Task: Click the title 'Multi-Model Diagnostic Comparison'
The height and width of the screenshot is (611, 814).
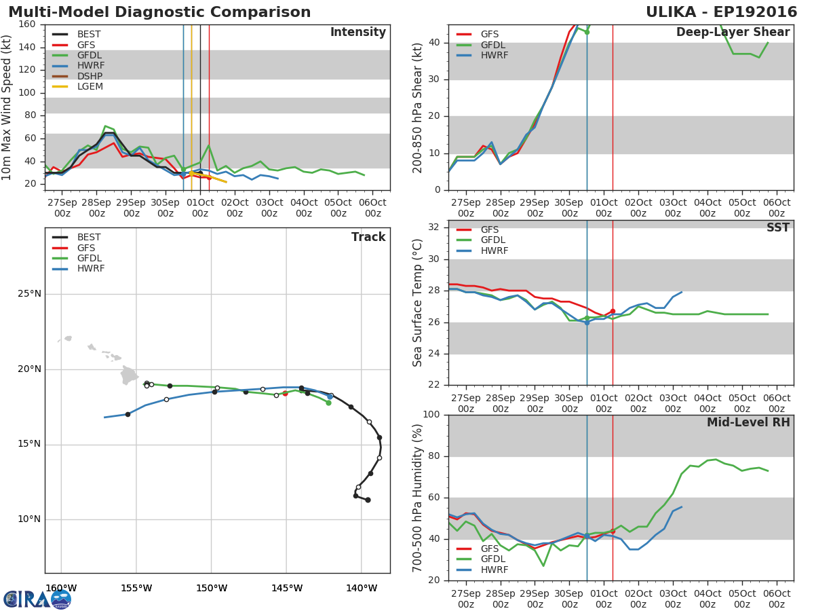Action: pyautogui.click(x=159, y=12)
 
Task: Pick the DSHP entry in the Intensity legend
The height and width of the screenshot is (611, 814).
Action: pyautogui.click(x=90, y=76)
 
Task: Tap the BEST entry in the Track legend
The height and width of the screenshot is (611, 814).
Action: pyautogui.click(x=88, y=237)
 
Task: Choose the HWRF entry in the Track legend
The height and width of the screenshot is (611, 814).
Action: pyautogui.click(x=91, y=269)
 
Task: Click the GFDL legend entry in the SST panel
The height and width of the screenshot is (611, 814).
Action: pyautogui.click(x=494, y=240)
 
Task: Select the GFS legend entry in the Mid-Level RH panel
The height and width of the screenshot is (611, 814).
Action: pyautogui.click(x=489, y=549)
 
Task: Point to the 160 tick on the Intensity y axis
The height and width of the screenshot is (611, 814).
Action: pyautogui.click(x=27, y=24)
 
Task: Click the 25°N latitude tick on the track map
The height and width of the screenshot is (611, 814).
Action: pyautogui.click(x=29, y=294)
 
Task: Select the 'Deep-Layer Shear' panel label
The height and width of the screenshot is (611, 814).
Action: pyautogui.click(x=733, y=33)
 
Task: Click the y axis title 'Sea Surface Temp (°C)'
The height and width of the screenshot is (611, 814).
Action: pyautogui.click(x=418, y=303)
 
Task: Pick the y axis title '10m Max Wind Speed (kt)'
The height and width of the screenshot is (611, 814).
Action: pyautogui.click(x=7, y=107)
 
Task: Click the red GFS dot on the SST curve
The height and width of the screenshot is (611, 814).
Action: pyautogui.click(x=613, y=311)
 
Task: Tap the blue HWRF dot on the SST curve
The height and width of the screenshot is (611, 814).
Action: pyautogui.click(x=587, y=322)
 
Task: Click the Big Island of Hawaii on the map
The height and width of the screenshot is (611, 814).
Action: pyautogui.click(x=129, y=375)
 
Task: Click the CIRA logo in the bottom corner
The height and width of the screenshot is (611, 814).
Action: pyautogui.click(x=37, y=599)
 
